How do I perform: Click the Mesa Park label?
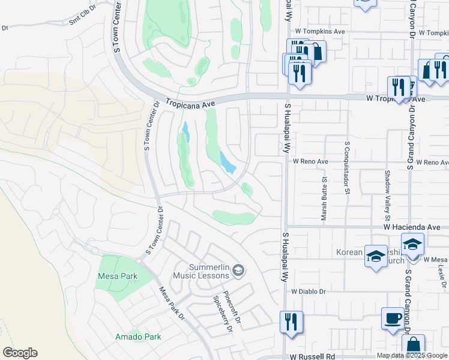coord(117,277)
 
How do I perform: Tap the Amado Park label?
coord(138,337)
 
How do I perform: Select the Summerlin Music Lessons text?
coord(202,271)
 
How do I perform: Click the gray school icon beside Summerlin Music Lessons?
coord(238,271)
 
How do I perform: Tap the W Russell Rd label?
coord(312,356)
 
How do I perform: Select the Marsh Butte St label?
coord(324,199)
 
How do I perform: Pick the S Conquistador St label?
coord(347,168)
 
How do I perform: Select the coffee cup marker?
coord(393,319)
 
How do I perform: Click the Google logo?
coord(20,353)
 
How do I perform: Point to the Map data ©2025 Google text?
coord(411,355)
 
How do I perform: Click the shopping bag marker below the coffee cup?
coord(413,346)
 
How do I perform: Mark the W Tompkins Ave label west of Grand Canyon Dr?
coord(319,31)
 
